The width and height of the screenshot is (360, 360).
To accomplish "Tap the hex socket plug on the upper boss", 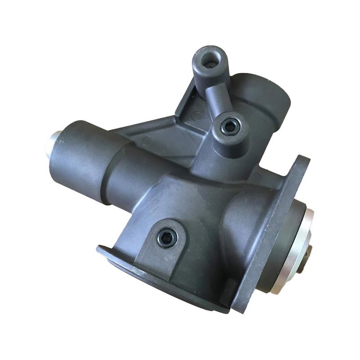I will pos(230,127).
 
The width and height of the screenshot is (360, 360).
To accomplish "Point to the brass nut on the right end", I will pos(310,257).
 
